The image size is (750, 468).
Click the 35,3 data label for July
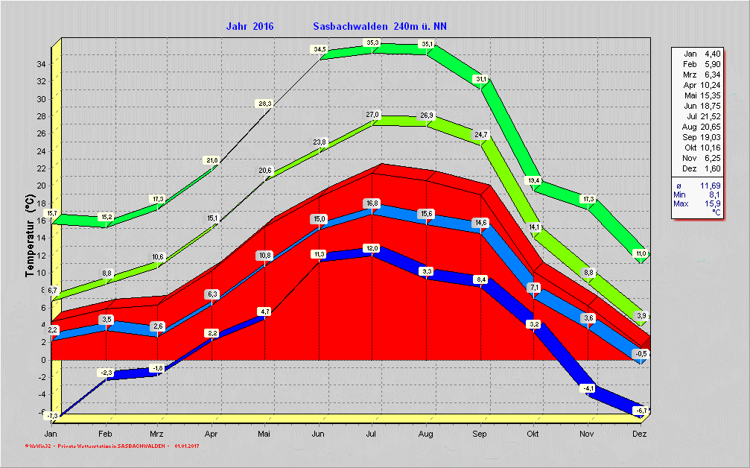(x=373, y=42)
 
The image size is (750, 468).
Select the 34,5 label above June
(x=320, y=49)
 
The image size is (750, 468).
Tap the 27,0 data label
(x=373, y=114)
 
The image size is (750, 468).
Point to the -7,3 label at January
(x=52, y=415)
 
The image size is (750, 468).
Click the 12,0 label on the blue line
(x=372, y=248)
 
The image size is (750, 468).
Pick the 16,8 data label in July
(x=372, y=203)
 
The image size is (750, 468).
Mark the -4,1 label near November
(x=588, y=388)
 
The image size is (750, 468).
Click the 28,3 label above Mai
(x=265, y=104)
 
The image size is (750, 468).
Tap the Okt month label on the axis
(x=533, y=433)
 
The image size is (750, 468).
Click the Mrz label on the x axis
(x=157, y=433)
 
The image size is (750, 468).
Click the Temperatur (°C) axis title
(x=30, y=235)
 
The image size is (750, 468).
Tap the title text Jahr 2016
(x=250, y=26)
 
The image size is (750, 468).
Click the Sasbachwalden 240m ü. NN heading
(x=380, y=26)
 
